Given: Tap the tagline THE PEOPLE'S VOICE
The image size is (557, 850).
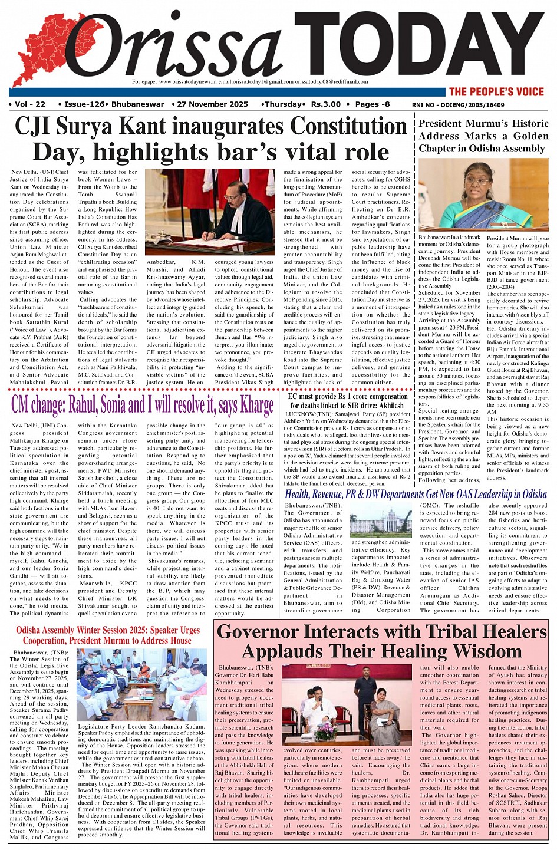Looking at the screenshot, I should (x=496, y=91).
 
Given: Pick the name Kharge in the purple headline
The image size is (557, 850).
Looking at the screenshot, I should (x=256, y=405).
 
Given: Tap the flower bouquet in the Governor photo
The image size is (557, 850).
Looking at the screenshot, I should (x=325, y=732).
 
